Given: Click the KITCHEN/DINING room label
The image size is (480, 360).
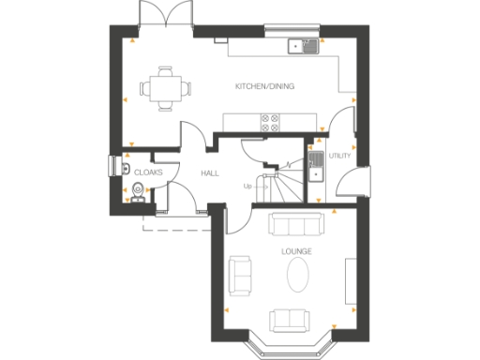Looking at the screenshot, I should pos(265,87).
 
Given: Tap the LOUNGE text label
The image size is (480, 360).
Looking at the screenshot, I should pos(296,252).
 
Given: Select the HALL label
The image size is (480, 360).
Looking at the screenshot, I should pos(210,173).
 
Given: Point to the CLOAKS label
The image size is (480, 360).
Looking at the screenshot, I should pos(149,172).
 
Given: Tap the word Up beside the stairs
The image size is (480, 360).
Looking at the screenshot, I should pos(247,186).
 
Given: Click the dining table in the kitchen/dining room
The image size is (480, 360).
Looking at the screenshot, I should pos(165,88).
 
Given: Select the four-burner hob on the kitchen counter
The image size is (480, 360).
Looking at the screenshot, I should pos(270,122).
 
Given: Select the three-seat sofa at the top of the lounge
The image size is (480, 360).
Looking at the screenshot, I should pos(296,224).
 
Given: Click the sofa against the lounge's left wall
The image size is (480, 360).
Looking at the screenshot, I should pos(240,274).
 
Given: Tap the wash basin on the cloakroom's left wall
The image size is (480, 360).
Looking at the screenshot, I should pos(125,167).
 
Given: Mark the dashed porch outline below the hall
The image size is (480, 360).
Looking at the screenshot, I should pos(174,226).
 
